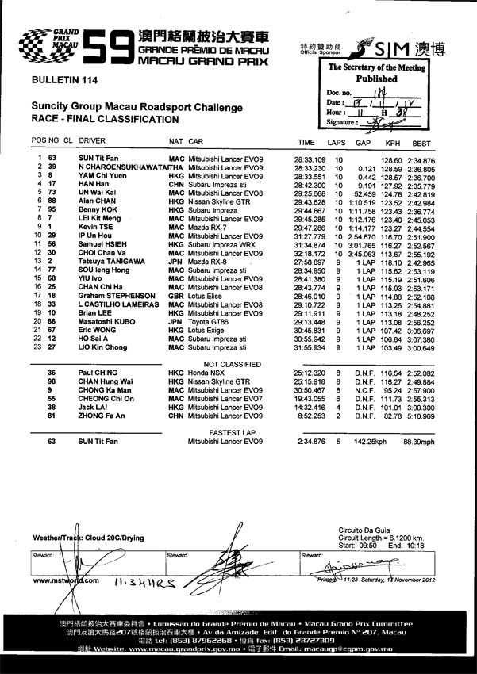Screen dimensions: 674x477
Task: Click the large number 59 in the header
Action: click(x=108, y=48)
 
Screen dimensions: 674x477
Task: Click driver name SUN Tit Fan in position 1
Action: click(x=100, y=159)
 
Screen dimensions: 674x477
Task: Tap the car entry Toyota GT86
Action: click(x=213, y=323)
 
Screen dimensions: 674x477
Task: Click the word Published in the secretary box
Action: click(x=376, y=79)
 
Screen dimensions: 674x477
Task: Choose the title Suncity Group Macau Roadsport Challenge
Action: click(x=136, y=107)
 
